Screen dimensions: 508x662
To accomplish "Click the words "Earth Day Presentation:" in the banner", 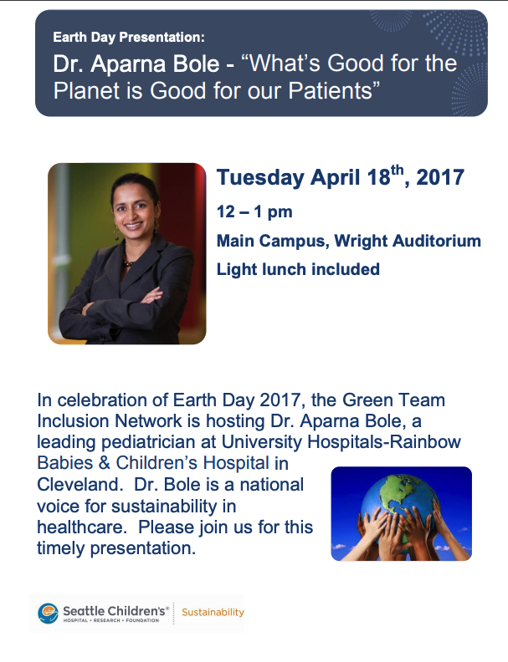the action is [x=129, y=37].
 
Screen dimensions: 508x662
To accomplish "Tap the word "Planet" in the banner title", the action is [x=87, y=90].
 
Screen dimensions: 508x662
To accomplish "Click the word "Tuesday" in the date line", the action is [x=260, y=177].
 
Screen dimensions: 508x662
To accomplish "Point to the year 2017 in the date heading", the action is [x=440, y=177].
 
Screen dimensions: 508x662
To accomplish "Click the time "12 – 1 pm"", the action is [x=254, y=211].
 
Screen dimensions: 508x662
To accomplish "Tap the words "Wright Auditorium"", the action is [x=408, y=241].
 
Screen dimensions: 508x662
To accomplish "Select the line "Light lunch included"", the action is [x=299, y=269].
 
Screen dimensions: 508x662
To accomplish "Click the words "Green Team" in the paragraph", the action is [x=393, y=400].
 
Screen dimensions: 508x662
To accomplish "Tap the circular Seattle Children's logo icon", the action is [x=49, y=613].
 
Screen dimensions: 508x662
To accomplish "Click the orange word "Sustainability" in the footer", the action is [x=213, y=612].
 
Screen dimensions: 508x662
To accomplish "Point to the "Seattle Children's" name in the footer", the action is [x=115, y=610].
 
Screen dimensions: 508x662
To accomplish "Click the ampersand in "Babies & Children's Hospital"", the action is [x=104, y=463].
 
